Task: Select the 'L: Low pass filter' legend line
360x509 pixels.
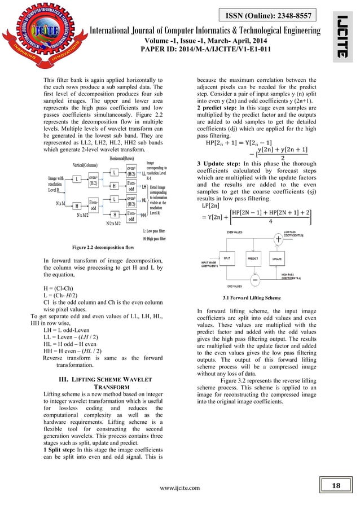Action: coord(150,232)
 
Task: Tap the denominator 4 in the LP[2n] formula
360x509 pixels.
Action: coord(270,221)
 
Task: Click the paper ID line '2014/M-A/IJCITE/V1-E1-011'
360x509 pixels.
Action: coord(180,49)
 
